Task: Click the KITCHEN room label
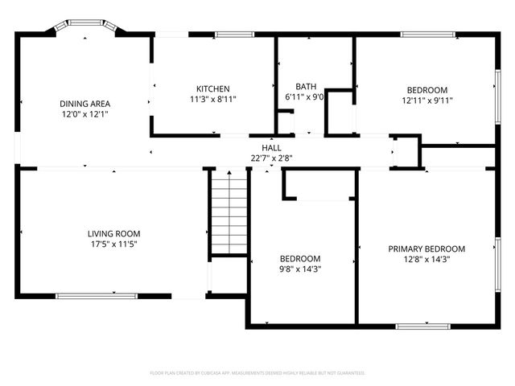point(213,88)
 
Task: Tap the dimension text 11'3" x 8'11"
point(213,99)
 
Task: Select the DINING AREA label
point(84,104)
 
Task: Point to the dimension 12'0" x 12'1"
point(84,114)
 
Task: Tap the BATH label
point(306,87)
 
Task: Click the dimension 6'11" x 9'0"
point(306,97)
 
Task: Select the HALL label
point(271,148)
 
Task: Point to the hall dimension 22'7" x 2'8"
point(271,158)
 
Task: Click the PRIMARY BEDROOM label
point(426,249)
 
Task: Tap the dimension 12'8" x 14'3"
point(426,260)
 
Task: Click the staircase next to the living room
point(229,213)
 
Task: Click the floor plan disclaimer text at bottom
point(257,373)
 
